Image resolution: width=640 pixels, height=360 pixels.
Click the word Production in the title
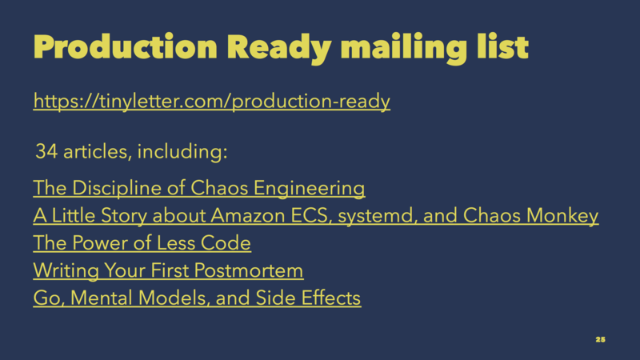[x=125, y=47]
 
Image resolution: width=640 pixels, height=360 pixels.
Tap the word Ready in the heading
[x=279, y=49]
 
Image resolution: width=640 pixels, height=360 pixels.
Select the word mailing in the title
[x=404, y=49]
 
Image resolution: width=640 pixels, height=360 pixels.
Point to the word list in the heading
[x=503, y=46]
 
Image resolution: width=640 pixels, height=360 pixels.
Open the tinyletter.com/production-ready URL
[x=212, y=101]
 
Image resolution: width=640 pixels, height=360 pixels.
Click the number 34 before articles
[x=46, y=151]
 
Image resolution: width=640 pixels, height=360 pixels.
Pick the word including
[x=182, y=151]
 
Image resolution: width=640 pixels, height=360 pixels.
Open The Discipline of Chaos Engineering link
[x=199, y=188]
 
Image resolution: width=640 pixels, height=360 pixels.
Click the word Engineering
[x=310, y=189]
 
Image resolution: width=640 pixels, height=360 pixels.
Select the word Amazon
[x=248, y=215]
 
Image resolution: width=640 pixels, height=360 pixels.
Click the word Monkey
[x=562, y=216]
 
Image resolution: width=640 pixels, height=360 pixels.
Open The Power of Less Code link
[x=142, y=243]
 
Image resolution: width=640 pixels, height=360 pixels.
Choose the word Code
[x=226, y=243]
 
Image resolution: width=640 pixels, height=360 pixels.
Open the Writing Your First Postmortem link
[x=168, y=270]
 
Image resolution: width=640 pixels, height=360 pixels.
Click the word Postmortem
[x=249, y=270]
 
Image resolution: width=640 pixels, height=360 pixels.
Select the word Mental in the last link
[x=102, y=298]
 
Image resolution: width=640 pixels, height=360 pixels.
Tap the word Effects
[x=331, y=298]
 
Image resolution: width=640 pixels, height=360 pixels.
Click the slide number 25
[x=601, y=339]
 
